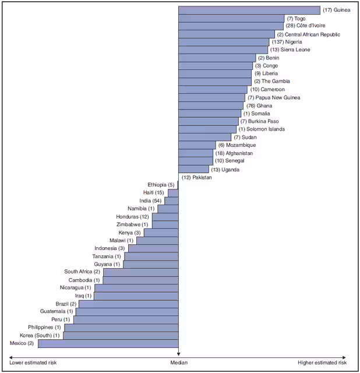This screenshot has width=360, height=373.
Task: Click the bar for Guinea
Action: pyautogui.click(x=249, y=10)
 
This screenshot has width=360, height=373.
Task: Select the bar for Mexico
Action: pyautogui.click(x=108, y=343)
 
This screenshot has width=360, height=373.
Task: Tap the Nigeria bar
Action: pyautogui.click(x=224, y=42)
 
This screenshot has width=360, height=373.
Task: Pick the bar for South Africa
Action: pyautogui.click(x=140, y=272)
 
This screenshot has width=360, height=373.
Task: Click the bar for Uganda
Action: pyautogui.click(x=193, y=169)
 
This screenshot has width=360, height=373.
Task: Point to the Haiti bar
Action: pyautogui.click(x=173, y=192)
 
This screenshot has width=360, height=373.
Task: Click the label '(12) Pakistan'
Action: pyautogui.click(x=196, y=177)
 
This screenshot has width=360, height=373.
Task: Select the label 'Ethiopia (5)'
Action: pyautogui.click(x=161, y=185)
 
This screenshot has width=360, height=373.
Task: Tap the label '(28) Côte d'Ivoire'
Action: pyautogui.click(x=305, y=26)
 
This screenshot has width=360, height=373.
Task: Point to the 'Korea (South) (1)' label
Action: pyautogui.click(x=40, y=336)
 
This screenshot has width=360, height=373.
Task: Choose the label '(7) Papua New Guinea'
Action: pyautogui.click(x=274, y=97)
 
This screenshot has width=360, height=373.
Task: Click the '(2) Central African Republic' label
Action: pyautogui.click(x=308, y=34)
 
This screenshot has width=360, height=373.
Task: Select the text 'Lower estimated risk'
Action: pyautogui.click(x=33, y=363)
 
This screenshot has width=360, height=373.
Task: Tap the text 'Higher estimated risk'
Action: pyautogui.click(x=322, y=363)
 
